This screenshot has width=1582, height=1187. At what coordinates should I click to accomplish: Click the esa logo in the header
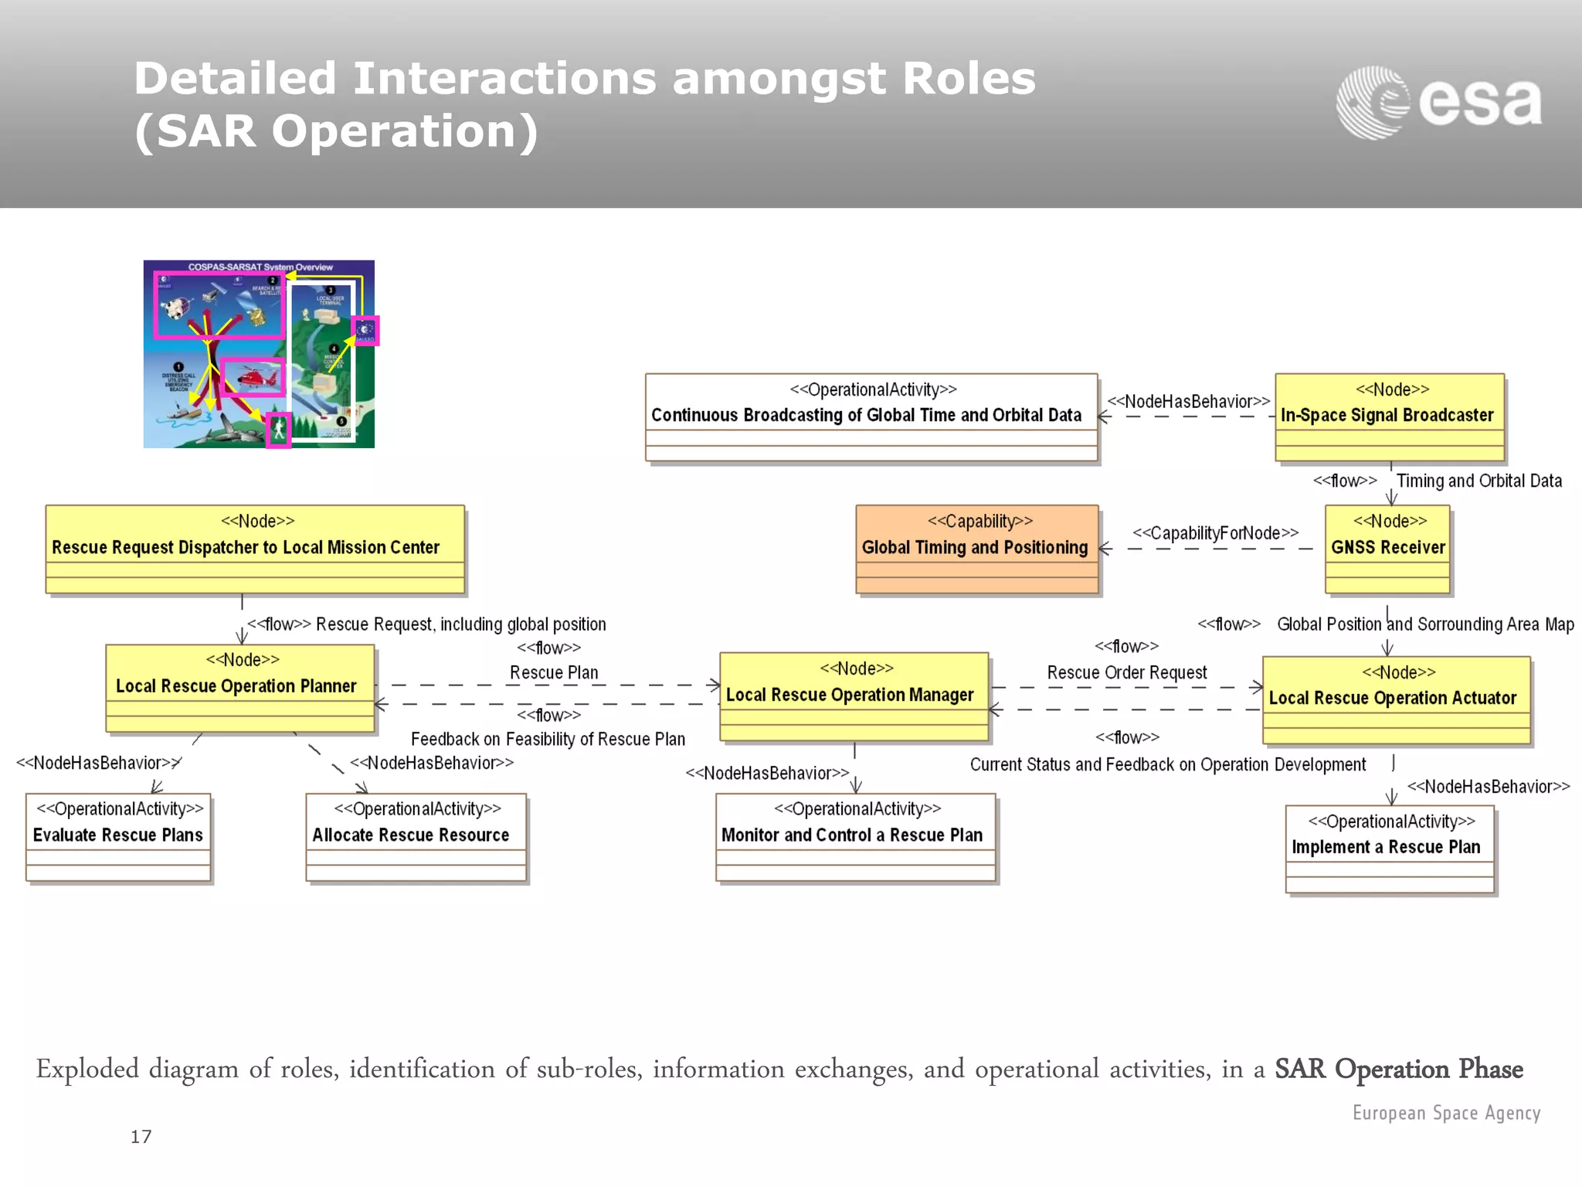pos(1438,103)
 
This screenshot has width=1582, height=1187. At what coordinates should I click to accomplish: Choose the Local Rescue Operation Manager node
pos(854,696)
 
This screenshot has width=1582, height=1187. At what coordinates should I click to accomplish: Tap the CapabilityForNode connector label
pos(1215,533)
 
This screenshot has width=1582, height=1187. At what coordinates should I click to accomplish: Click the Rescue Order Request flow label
pos(1126,672)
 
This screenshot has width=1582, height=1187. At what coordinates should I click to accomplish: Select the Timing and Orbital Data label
pos(1478,481)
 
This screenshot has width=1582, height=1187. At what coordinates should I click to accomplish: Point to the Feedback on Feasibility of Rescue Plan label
pos(548,740)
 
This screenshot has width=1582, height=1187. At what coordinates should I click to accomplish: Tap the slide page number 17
pos(141,1137)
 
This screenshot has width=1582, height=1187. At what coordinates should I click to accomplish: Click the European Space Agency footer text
pos(1446,1113)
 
